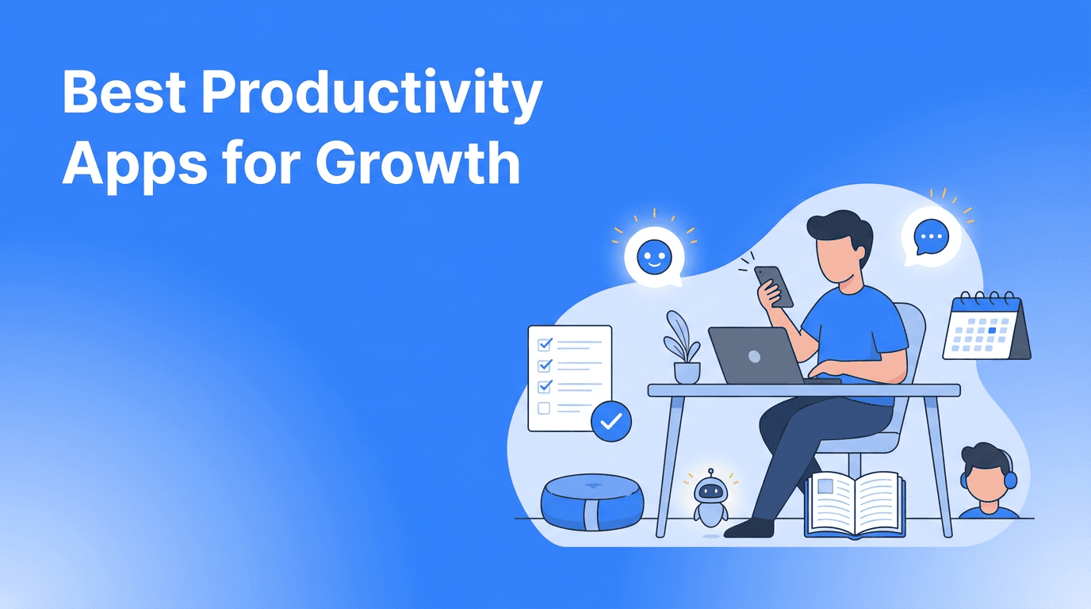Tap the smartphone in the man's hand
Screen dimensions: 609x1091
pyautogui.click(x=775, y=285)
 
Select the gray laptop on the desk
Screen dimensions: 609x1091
pyautogui.click(x=754, y=356)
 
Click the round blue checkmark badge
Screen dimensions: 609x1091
pyautogui.click(x=611, y=422)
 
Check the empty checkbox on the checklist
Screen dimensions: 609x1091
pyautogui.click(x=544, y=408)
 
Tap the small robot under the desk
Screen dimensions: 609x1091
pyautogui.click(x=710, y=498)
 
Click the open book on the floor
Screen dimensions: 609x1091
pyautogui.click(x=856, y=504)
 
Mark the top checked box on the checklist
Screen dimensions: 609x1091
pyautogui.click(x=545, y=345)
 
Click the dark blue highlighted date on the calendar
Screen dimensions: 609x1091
pyautogui.click(x=991, y=330)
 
